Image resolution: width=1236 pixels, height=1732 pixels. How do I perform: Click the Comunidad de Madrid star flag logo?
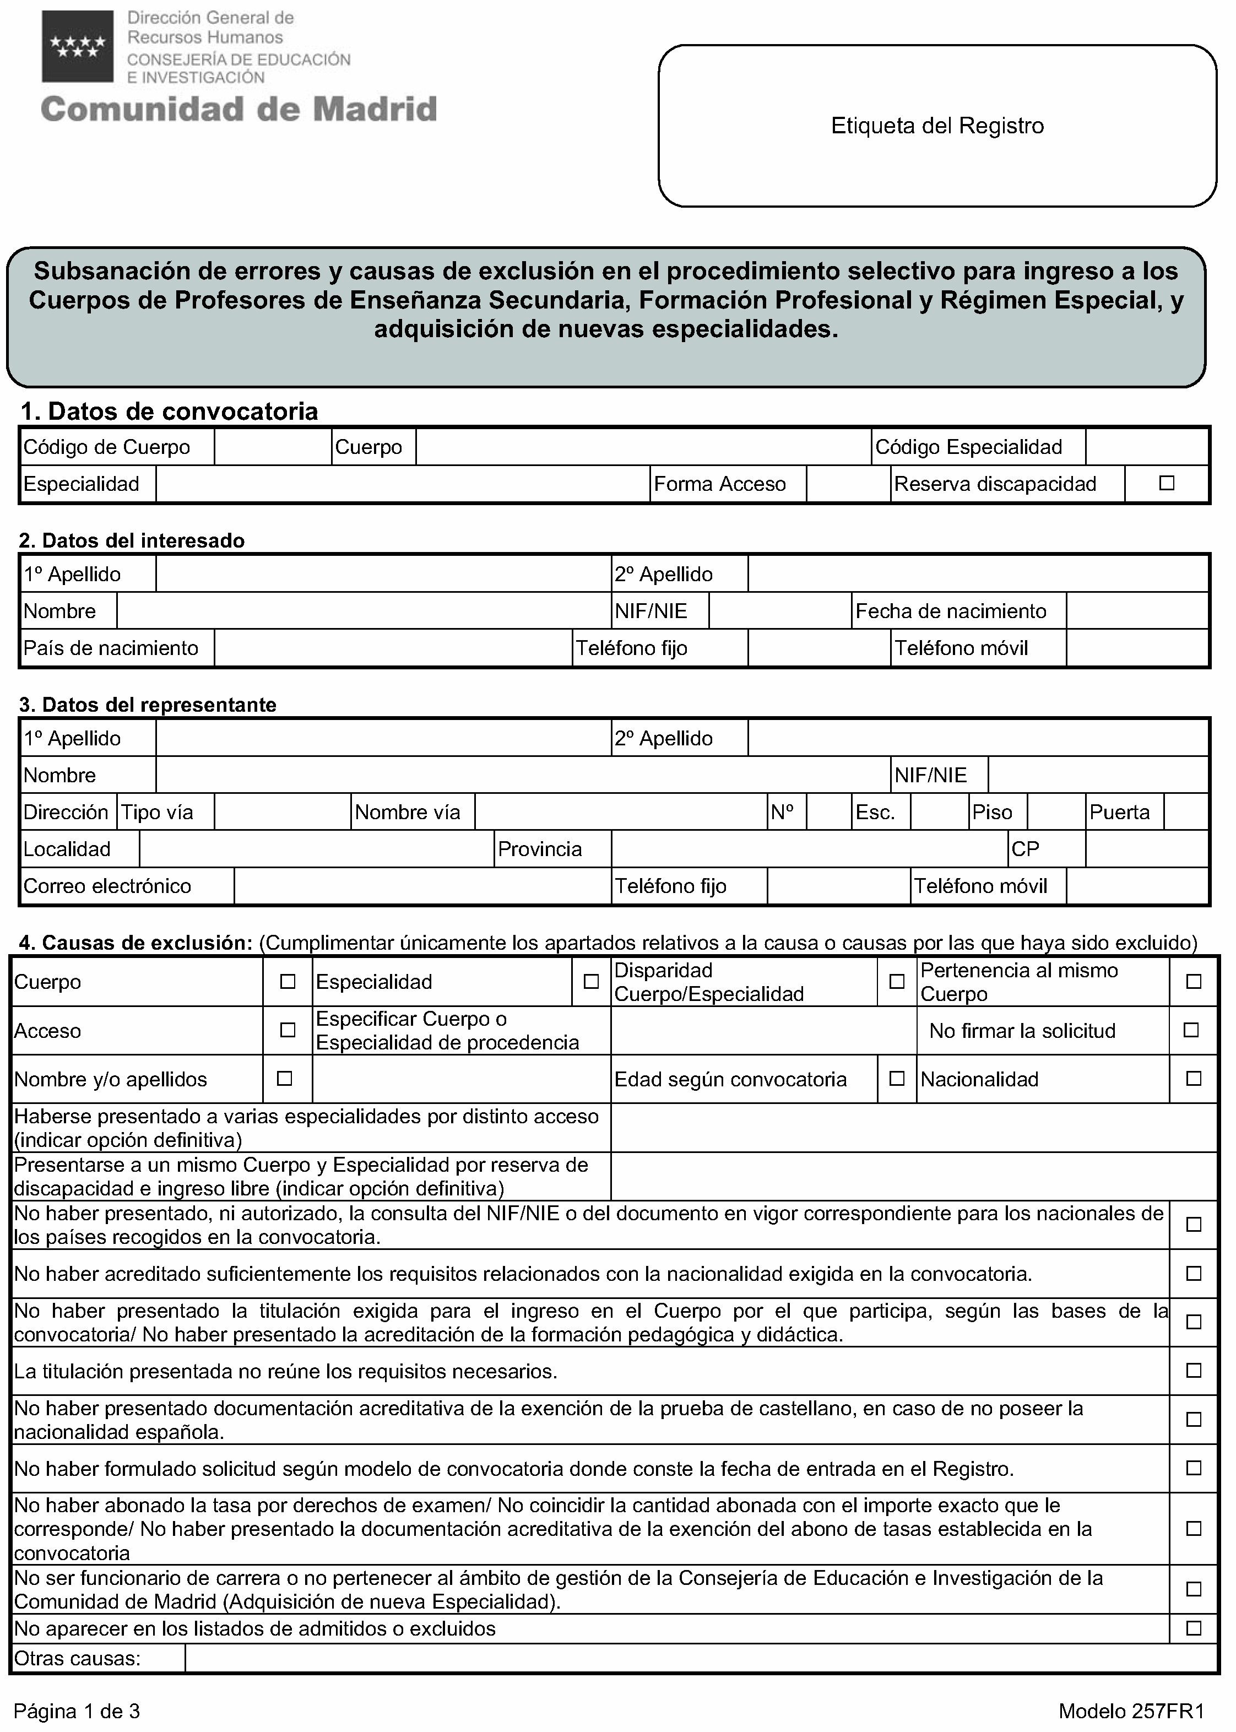coord(78,46)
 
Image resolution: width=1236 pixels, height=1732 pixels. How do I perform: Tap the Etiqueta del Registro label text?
coord(937,126)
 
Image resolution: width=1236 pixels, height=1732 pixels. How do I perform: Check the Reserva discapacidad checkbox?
coord(1166,483)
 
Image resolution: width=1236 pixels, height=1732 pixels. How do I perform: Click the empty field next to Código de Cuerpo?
coord(273,447)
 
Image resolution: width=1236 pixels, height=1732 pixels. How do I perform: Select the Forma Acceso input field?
coord(848,484)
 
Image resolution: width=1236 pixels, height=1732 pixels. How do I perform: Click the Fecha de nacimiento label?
coord(951,611)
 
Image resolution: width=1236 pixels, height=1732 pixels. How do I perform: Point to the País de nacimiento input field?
coord(393,648)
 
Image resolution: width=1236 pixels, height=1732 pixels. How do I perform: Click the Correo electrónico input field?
coord(422,886)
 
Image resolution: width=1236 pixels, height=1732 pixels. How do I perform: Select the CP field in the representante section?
coord(1146,849)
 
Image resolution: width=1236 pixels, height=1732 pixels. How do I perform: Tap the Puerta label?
coord(1120,813)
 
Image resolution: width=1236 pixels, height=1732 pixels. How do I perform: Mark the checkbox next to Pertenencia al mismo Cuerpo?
coord(1194,982)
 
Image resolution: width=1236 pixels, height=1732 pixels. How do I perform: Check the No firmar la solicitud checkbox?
coord(1191,1030)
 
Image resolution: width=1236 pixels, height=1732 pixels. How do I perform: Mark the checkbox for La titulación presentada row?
coord(1194,1371)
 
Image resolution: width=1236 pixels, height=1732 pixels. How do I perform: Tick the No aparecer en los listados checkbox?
coord(1194,1628)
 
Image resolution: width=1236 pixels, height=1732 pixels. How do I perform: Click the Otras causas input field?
coord(700,1659)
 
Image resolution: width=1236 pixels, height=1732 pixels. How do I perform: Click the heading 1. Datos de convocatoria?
coord(169,412)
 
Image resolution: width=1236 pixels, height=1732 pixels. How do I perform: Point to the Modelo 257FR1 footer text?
coord(1131,1712)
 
